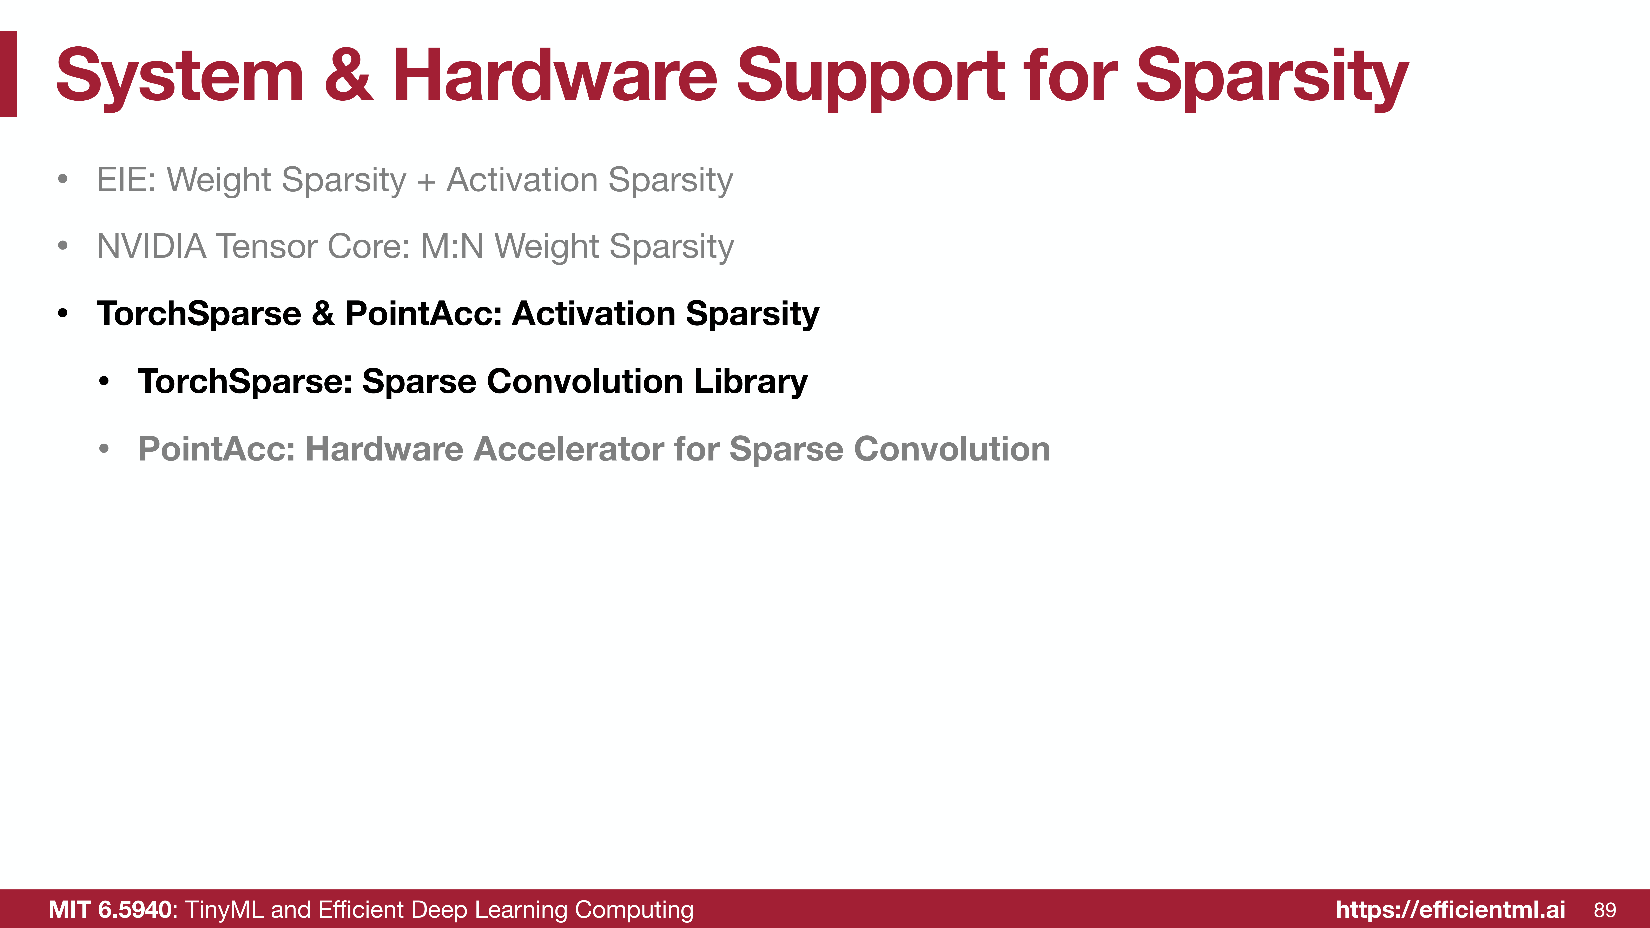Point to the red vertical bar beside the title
[8, 74]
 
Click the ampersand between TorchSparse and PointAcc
[323, 313]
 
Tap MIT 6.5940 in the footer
[110, 909]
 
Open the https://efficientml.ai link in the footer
[1450, 909]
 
